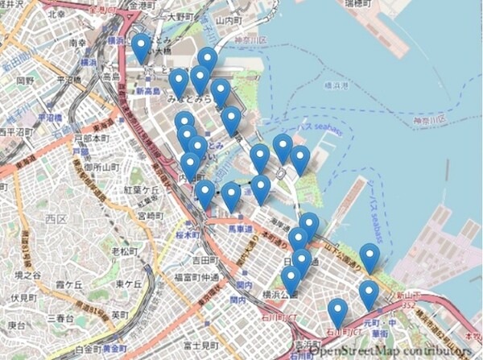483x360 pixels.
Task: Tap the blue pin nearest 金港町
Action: pyautogui.click(x=142, y=47)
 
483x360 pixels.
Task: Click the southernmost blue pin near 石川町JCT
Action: pyautogui.click(x=337, y=311)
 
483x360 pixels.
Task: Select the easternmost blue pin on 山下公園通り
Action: pyautogui.click(x=370, y=258)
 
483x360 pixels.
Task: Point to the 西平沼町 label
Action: pyautogui.click(x=14, y=132)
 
